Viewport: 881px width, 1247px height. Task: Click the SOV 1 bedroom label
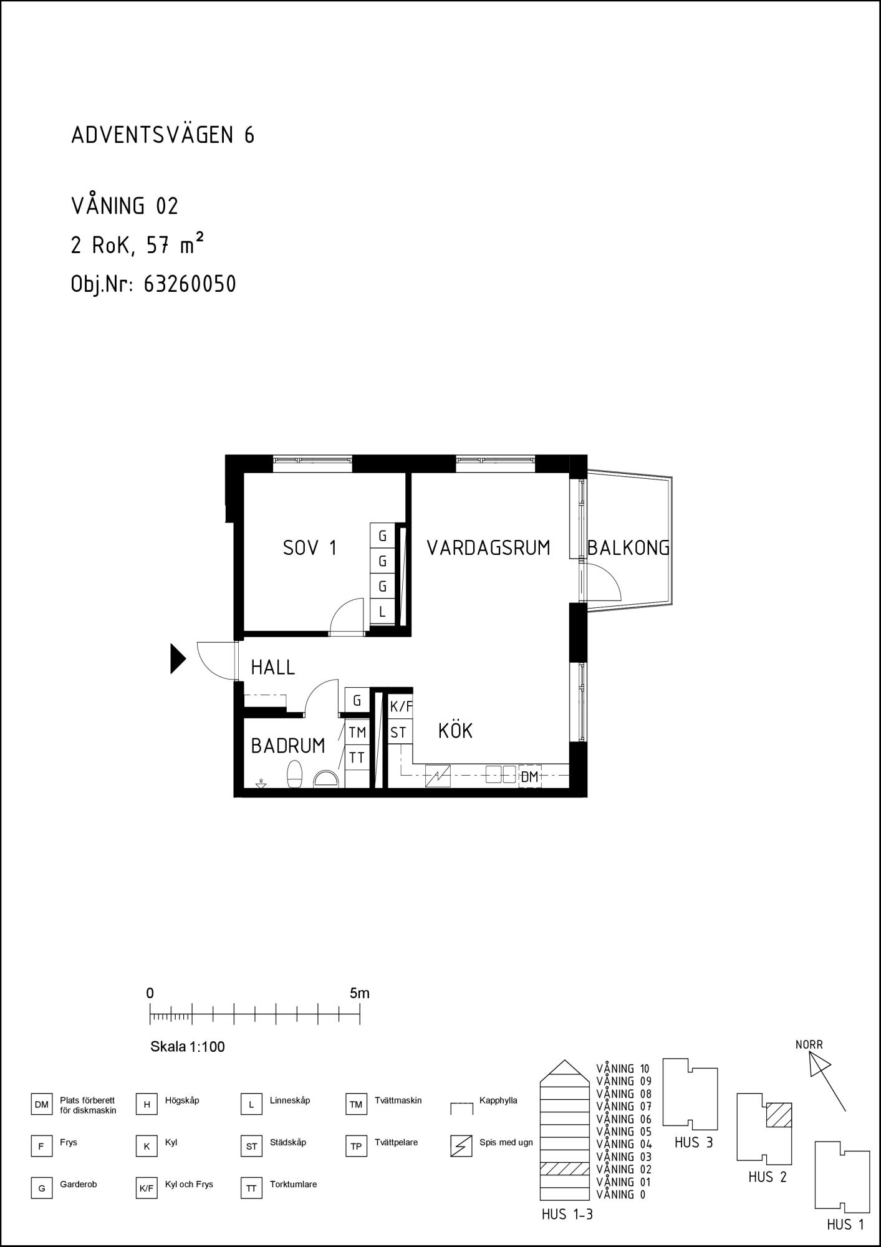tap(310, 548)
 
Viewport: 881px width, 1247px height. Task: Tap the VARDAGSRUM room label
tap(488, 548)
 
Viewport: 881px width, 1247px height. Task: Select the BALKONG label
tap(628, 548)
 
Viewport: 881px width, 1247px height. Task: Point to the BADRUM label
tap(288, 746)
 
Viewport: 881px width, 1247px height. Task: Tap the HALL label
tap(272, 668)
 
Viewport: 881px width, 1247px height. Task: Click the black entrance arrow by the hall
tap(178, 659)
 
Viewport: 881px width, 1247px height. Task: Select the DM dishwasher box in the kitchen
tap(530, 777)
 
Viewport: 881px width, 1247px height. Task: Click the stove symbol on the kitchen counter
tap(438, 776)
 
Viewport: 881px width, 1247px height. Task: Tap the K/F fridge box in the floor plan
tap(401, 707)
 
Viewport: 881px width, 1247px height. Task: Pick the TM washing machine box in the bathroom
tap(357, 731)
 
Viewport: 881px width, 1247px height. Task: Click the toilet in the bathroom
tap(294, 774)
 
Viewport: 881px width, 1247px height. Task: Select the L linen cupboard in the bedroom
tap(383, 612)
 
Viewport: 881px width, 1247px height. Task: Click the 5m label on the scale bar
tap(360, 993)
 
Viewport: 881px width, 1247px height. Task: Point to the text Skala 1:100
tap(188, 1047)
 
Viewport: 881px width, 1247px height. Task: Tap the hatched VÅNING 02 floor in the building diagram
tap(565, 1168)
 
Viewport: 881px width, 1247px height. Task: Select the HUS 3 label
tap(693, 1143)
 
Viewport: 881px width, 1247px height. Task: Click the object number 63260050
tap(190, 284)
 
